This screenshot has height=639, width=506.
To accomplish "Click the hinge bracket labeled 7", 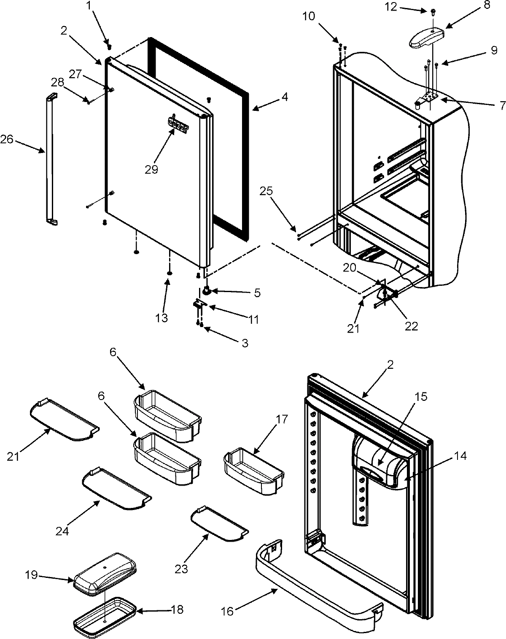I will coord(429,98).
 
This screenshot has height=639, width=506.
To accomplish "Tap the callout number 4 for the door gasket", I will coord(285,97).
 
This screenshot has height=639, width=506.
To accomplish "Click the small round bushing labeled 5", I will coord(207,290).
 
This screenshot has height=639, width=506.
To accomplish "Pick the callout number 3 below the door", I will coord(245,344).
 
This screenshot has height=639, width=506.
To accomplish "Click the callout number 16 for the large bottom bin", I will coord(227,611).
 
